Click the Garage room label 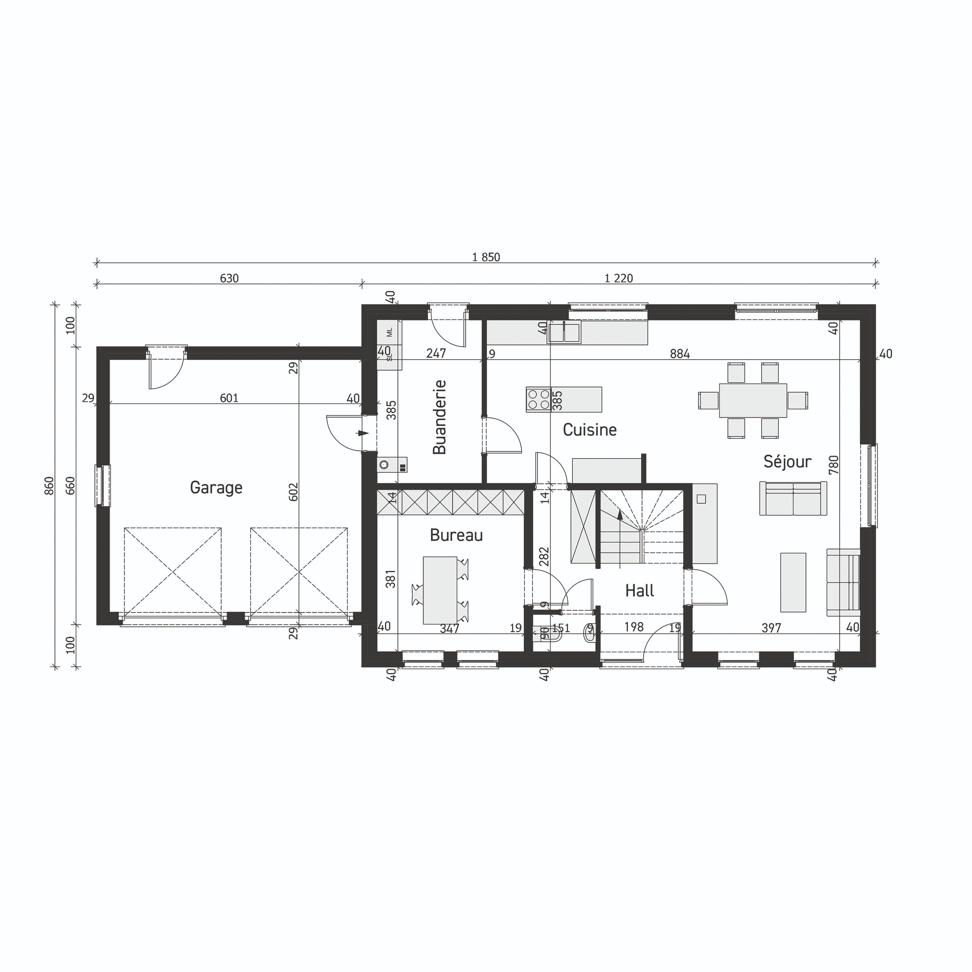(216, 487)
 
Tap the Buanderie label (439, 417)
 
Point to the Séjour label (787, 461)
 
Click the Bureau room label (456, 535)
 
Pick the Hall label (639, 590)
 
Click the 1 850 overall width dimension (486, 258)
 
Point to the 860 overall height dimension (49, 486)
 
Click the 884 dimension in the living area (679, 354)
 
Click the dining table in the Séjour (752, 401)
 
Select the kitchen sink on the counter (564, 333)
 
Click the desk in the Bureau (440, 590)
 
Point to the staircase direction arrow (620, 515)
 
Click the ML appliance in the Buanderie (389, 332)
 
